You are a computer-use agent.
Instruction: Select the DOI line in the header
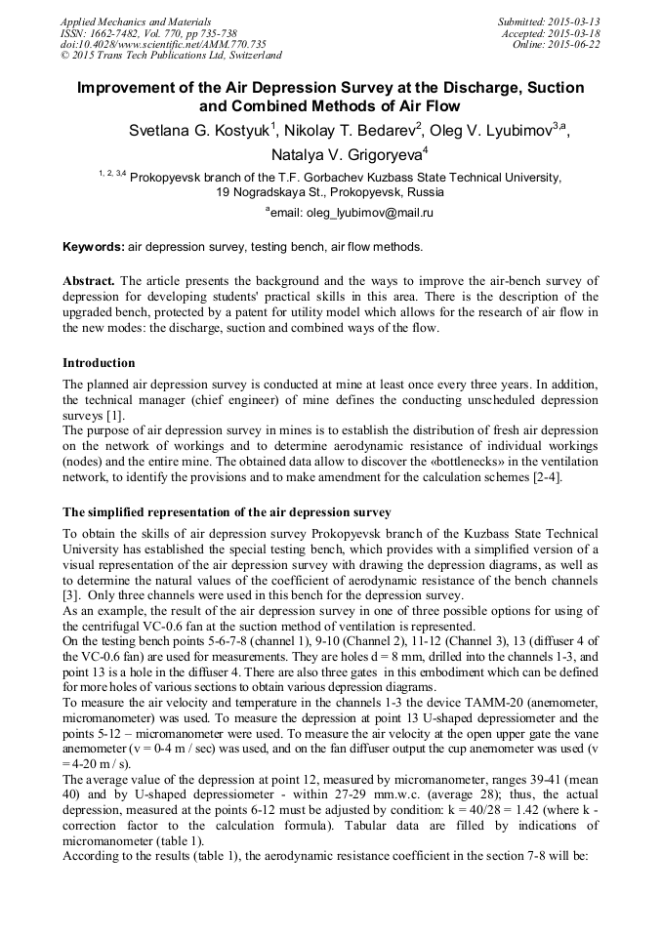tap(163, 44)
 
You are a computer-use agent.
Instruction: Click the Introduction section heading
tap(100, 363)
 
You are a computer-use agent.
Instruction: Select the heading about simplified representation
tap(227, 512)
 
